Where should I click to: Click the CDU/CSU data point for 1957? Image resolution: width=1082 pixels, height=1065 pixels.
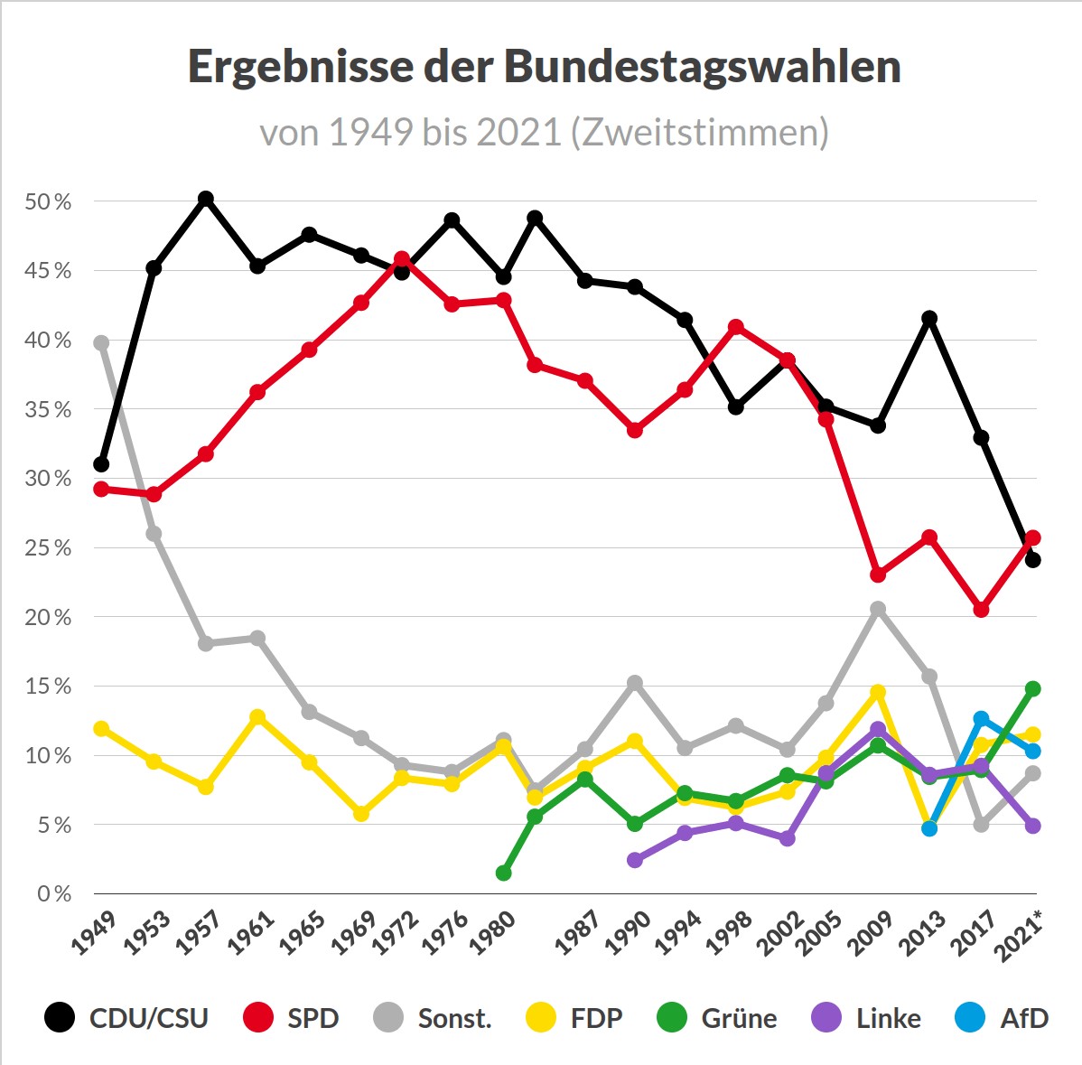click(x=206, y=199)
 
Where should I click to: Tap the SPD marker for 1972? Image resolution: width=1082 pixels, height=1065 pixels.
click(x=402, y=259)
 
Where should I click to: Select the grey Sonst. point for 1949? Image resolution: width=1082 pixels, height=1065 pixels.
click(x=101, y=342)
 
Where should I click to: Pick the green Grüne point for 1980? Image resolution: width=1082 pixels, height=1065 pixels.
click(x=504, y=873)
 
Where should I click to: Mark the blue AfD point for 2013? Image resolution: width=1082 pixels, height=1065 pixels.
click(x=929, y=828)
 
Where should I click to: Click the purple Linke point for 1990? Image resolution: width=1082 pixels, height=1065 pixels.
click(x=635, y=860)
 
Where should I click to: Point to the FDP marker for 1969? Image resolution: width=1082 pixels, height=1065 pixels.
click(x=361, y=813)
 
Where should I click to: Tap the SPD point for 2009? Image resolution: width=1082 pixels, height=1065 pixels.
click(x=878, y=575)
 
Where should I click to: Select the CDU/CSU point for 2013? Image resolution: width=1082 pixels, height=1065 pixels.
click(x=929, y=318)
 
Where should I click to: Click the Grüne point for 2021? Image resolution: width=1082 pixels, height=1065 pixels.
click(x=1033, y=688)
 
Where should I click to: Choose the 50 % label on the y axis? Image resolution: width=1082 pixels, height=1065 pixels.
click(x=48, y=202)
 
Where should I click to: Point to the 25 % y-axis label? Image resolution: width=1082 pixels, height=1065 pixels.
click(x=48, y=548)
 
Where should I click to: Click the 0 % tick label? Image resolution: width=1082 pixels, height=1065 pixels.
click(x=53, y=894)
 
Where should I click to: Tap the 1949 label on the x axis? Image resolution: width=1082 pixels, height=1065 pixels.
click(x=94, y=933)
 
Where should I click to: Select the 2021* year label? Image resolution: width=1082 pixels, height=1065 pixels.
click(x=1019, y=936)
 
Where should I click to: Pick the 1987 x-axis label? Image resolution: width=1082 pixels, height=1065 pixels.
click(x=577, y=933)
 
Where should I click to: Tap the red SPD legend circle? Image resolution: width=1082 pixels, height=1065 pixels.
click(x=258, y=1018)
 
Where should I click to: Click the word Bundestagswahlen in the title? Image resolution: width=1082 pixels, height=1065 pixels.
click(x=702, y=68)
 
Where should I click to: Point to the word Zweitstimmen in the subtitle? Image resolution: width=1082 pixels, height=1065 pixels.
click(x=699, y=133)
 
